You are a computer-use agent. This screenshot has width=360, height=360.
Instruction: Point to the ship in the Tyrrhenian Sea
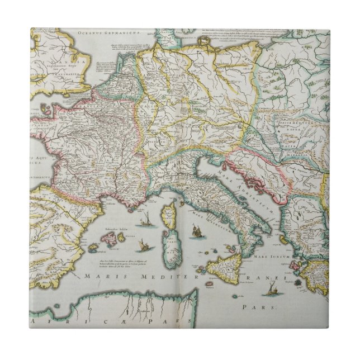click(x=196, y=230)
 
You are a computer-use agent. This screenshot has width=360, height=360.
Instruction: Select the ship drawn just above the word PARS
click(x=272, y=289)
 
